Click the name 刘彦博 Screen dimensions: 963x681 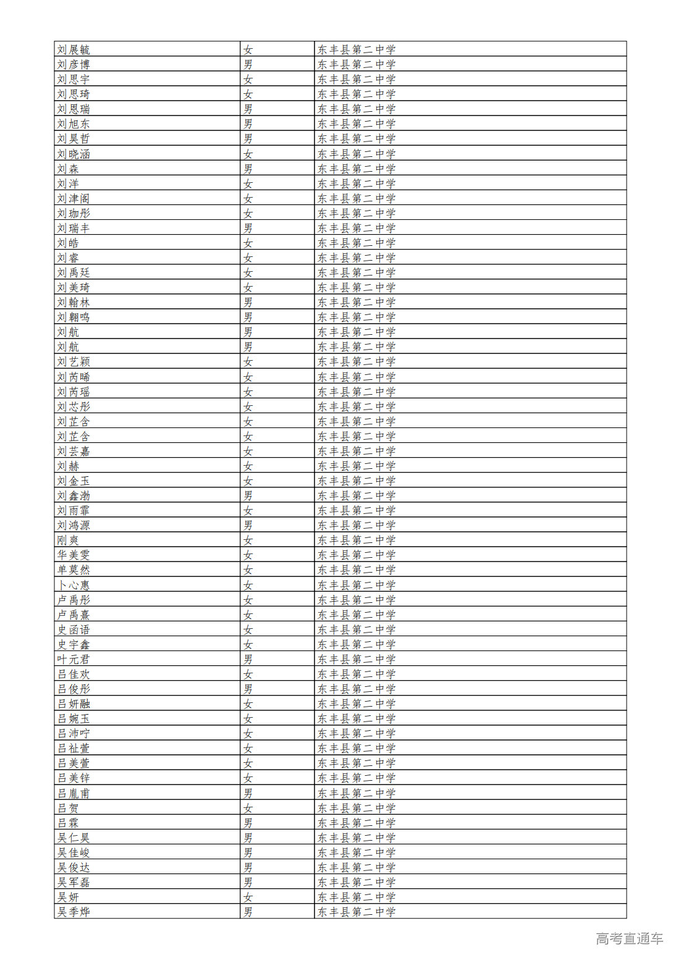74,65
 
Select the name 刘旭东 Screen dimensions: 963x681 74,124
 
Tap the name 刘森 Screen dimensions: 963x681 68,169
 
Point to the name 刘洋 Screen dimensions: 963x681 68,183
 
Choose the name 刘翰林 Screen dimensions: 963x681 74,303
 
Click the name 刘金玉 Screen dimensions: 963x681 74,481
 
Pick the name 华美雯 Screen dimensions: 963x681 74,555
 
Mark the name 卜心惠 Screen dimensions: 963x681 74,585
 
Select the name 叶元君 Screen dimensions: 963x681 74,660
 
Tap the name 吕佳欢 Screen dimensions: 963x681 74,675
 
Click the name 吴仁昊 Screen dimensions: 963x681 74,838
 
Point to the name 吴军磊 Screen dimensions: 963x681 74,883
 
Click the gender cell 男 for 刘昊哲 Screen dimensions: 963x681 248,139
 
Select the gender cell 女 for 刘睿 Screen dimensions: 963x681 248,258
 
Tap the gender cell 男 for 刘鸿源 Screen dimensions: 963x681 248,526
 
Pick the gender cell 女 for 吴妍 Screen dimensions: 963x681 248,898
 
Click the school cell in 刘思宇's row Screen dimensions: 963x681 357,80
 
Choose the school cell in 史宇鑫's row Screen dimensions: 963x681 357,645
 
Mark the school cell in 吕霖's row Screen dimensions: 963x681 357,823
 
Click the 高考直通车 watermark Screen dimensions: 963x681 629,939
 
